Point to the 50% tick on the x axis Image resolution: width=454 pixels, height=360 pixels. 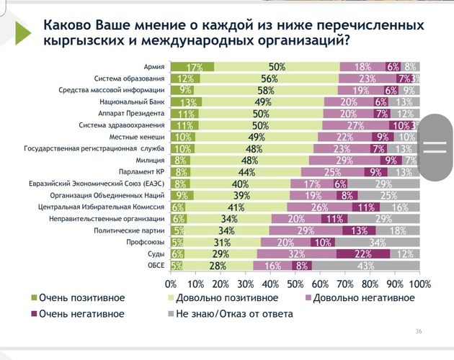pyautogui.click(x=295, y=283)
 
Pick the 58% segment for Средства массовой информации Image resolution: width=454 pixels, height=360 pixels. pyautogui.click(x=265, y=90)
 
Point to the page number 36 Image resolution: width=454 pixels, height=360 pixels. pyautogui.click(x=419, y=331)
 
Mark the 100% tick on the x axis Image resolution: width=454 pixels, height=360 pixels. pyautogui.click(x=420, y=283)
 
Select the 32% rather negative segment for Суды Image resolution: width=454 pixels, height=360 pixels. pyautogui.click(x=296, y=254)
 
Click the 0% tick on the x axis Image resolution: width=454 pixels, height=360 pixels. pyautogui.click(x=172, y=283)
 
